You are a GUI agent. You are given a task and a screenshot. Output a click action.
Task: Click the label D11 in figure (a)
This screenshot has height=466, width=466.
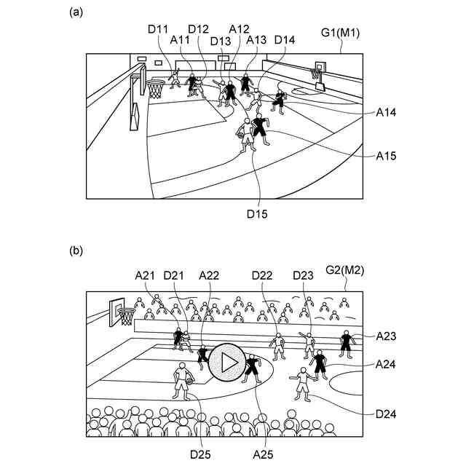tap(158, 29)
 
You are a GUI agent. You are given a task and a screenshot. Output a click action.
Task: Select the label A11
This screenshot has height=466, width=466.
tap(181, 40)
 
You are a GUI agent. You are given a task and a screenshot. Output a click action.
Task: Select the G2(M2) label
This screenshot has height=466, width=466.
tap(344, 269)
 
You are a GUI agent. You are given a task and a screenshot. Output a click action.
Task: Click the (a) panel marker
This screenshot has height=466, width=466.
tap(76, 12)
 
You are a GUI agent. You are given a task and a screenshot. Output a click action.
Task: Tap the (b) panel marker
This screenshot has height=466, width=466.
tap(76, 250)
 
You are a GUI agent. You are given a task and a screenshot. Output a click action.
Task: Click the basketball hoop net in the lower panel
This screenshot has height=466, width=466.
tap(127, 317)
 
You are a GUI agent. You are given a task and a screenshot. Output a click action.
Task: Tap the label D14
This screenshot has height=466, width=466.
tap(285, 40)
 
